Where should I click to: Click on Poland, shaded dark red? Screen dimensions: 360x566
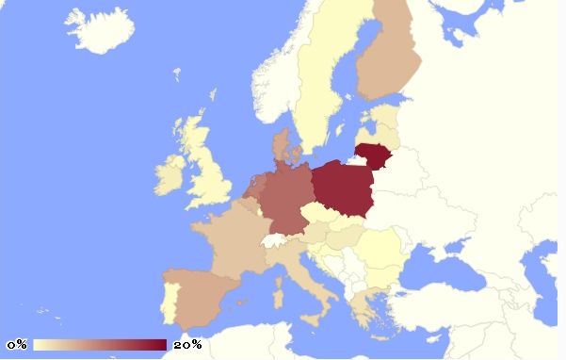point(339,188)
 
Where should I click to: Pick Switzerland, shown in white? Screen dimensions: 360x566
point(274,240)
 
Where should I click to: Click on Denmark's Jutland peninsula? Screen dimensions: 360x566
point(281,146)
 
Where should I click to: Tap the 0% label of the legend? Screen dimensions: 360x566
point(17,345)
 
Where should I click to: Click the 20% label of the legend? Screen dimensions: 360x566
point(187,345)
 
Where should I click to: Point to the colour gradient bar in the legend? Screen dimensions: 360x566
point(100,345)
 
